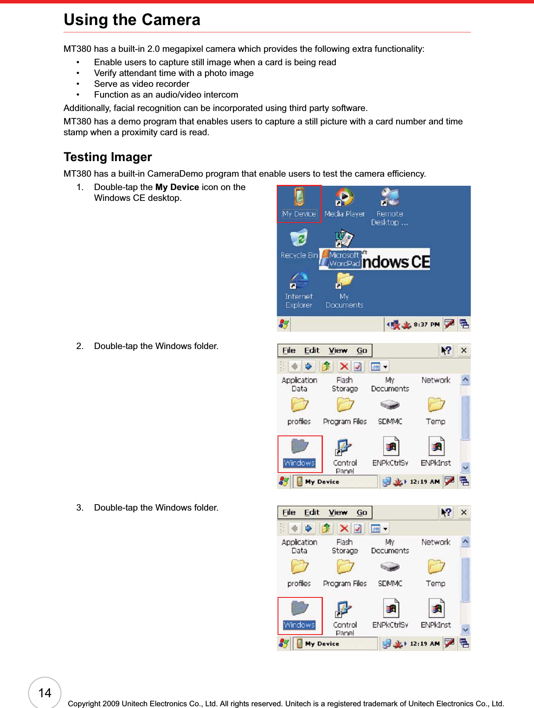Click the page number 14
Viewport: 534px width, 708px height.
(x=45, y=693)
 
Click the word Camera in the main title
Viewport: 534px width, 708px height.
(x=171, y=20)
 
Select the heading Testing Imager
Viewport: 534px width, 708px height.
(x=107, y=157)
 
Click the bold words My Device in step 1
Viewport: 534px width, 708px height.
(x=177, y=187)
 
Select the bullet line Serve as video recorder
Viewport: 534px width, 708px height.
(x=142, y=84)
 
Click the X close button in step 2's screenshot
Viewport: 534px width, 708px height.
(x=464, y=350)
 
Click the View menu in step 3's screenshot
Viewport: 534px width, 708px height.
(x=338, y=513)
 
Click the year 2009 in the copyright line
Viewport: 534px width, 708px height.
(x=111, y=704)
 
